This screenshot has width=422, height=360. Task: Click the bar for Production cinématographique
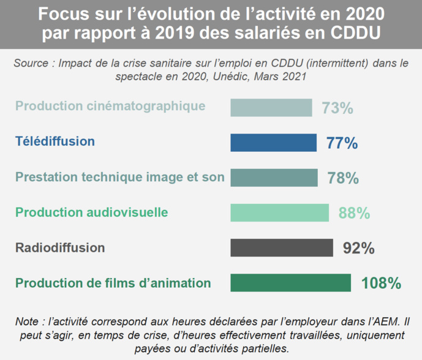(271, 108)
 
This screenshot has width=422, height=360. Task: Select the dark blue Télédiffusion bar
(273, 143)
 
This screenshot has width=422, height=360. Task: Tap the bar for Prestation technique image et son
(274, 178)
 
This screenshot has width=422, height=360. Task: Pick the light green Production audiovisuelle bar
(280, 213)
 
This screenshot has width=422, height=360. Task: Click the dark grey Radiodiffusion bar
(282, 248)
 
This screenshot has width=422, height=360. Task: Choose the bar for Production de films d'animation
(290, 283)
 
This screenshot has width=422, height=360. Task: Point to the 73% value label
(337, 108)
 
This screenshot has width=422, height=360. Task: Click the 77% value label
(342, 143)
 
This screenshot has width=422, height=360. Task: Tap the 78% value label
(342, 178)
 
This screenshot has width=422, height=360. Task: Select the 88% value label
(354, 213)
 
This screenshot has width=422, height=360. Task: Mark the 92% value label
(358, 248)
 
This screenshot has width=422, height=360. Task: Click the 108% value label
(381, 283)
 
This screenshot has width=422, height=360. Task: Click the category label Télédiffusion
(55, 141)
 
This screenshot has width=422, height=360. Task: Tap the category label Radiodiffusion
(60, 248)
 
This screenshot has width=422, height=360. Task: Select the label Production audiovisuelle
(92, 212)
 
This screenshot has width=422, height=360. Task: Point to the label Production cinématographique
(110, 106)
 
